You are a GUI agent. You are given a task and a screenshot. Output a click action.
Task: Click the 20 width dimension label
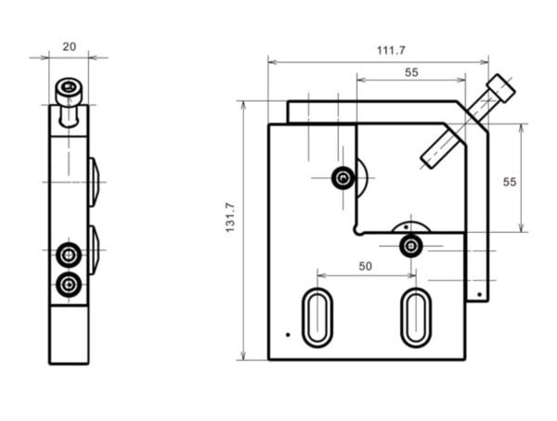click(69, 45)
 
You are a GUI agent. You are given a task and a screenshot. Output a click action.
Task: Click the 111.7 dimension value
click(391, 50)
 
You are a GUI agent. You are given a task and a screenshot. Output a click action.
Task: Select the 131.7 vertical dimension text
click(230, 231)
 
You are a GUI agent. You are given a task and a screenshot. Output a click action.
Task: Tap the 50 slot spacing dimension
click(365, 266)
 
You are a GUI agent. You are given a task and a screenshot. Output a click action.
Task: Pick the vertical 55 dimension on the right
click(510, 182)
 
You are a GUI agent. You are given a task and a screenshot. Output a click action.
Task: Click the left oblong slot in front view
click(317, 317)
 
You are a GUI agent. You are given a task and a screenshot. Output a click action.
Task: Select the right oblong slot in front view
click(415, 317)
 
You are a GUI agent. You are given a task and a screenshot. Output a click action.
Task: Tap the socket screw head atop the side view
click(68, 92)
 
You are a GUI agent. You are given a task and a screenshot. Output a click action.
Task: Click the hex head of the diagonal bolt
click(500, 88)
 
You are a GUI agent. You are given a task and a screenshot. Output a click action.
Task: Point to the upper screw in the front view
click(343, 177)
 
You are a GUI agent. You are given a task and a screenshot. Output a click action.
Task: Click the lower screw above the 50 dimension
click(410, 246)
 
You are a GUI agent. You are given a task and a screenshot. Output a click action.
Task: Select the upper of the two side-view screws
click(68, 254)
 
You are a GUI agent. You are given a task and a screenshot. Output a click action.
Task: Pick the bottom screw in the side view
click(68, 284)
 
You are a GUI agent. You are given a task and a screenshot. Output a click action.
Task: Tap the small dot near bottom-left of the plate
click(288, 334)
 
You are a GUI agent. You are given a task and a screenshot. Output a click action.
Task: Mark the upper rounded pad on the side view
click(94, 181)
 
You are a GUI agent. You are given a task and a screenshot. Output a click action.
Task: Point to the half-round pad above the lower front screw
click(410, 226)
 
